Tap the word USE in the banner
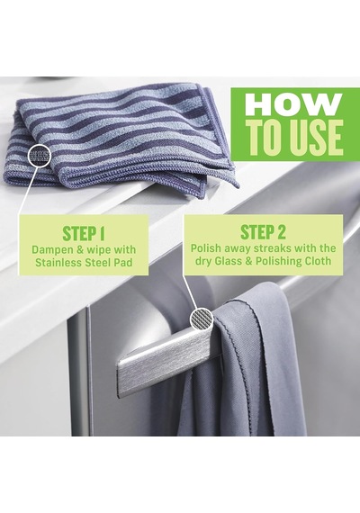click(313, 137)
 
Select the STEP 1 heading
click(84, 233)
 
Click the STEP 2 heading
click(263, 232)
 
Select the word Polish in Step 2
click(207, 248)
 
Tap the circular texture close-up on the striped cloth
click(40, 155)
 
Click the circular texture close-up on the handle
click(202, 319)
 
